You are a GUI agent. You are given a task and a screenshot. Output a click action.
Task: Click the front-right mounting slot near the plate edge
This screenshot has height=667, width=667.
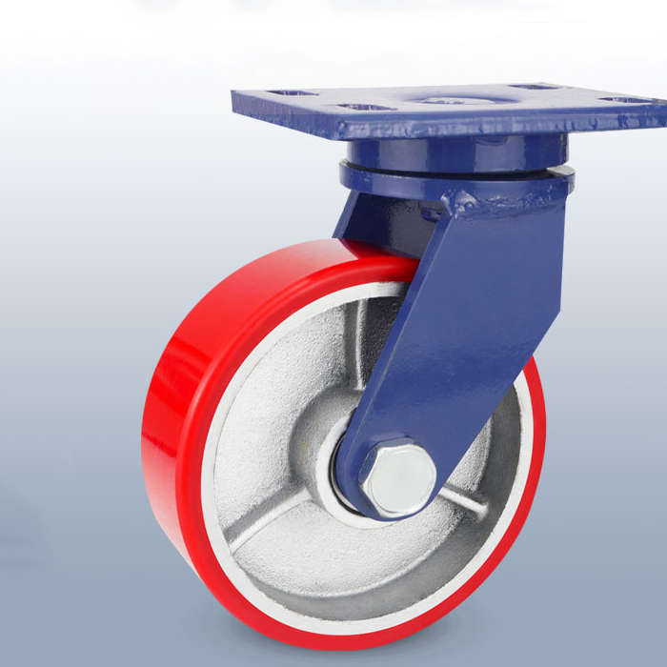pyautogui.click(x=625, y=100)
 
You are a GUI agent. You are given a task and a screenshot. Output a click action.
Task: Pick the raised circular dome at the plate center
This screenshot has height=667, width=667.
pyautogui.click(x=447, y=99)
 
